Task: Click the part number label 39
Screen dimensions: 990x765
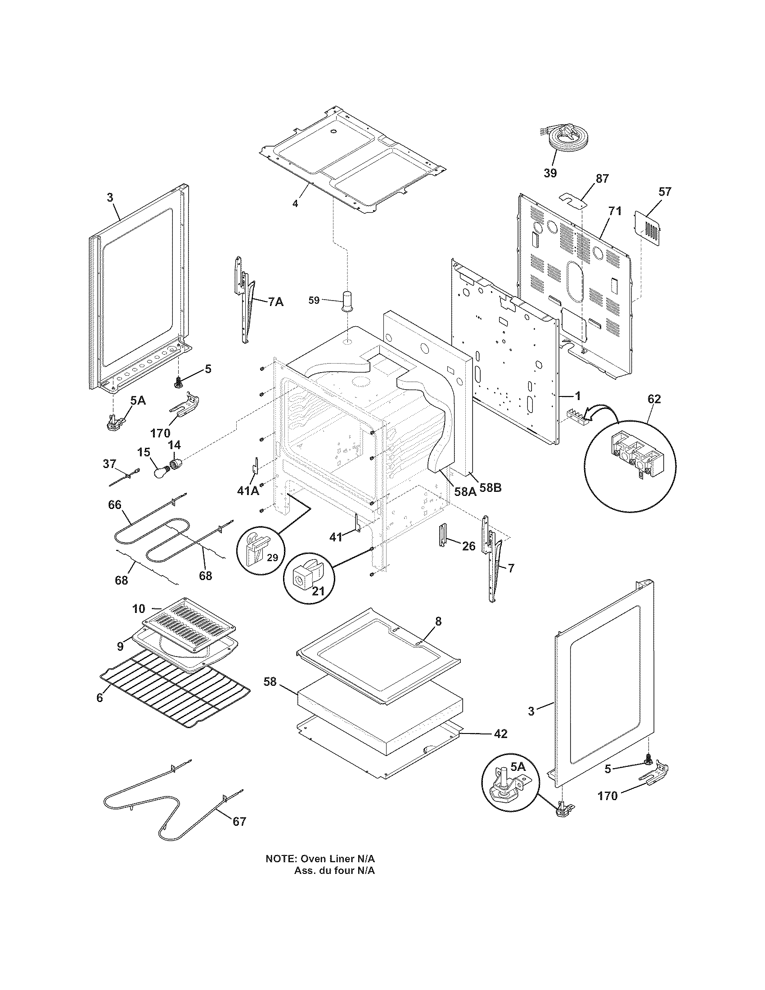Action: (550, 173)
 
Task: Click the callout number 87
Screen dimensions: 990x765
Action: (602, 179)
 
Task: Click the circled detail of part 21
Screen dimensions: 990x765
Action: (309, 577)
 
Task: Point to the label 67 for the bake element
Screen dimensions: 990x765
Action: (239, 821)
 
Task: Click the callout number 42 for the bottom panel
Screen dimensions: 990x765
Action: (500, 733)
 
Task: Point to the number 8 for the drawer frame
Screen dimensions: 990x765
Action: (438, 621)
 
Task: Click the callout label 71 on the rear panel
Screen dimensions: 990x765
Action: (615, 211)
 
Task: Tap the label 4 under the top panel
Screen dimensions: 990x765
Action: (295, 204)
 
